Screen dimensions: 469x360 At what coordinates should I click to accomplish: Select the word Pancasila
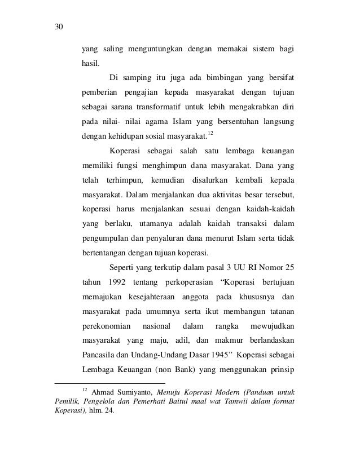99,355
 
